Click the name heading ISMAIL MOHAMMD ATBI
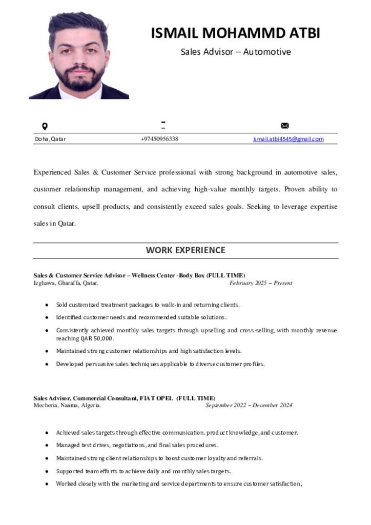tap(235, 33)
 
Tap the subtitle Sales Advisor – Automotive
tap(235, 52)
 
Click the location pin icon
tap(45, 126)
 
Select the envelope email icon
tap(285, 126)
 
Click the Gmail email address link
tap(288, 139)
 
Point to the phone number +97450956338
tap(159, 139)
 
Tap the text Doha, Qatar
tap(50, 139)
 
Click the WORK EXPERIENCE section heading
tap(186, 250)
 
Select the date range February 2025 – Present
tap(261, 283)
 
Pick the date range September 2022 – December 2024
tap(249, 405)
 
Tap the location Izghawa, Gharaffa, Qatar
tap(66, 283)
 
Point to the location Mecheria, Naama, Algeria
tap(67, 405)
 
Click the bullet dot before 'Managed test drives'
tap(47, 446)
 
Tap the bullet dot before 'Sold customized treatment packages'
tap(47, 305)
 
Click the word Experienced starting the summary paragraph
tap(52, 172)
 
